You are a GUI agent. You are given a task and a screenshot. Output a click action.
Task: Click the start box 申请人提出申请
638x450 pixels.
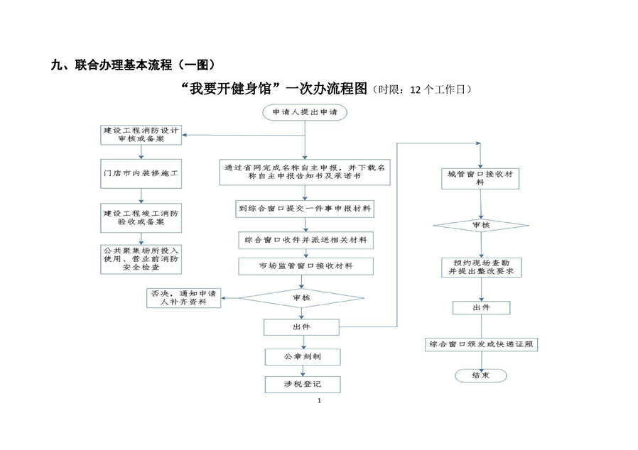pyautogui.click(x=304, y=112)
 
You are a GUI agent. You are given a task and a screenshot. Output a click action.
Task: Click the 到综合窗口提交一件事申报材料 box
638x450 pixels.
pyautogui.click(x=306, y=209)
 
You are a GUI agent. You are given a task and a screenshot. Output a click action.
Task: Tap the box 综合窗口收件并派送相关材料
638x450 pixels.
pyautogui.click(x=306, y=240)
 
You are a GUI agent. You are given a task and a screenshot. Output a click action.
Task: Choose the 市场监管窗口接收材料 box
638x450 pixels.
pyautogui.click(x=306, y=266)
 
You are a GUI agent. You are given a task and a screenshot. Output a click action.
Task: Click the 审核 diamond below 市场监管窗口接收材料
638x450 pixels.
pyautogui.click(x=301, y=297)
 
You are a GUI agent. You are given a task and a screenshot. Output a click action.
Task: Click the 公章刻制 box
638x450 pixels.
pyautogui.click(x=302, y=356)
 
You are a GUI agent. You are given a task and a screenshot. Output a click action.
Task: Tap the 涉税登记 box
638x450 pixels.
pyautogui.click(x=302, y=383)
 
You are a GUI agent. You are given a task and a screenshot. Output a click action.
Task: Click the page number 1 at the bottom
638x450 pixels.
pyautogui.click(x=319, y=402)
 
